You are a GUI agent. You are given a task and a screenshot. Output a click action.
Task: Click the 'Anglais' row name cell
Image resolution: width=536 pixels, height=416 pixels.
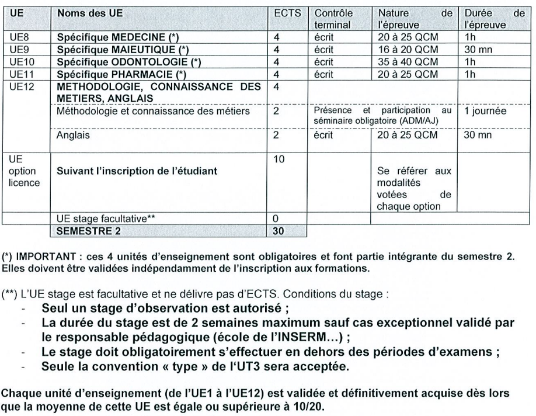coord(72,135)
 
